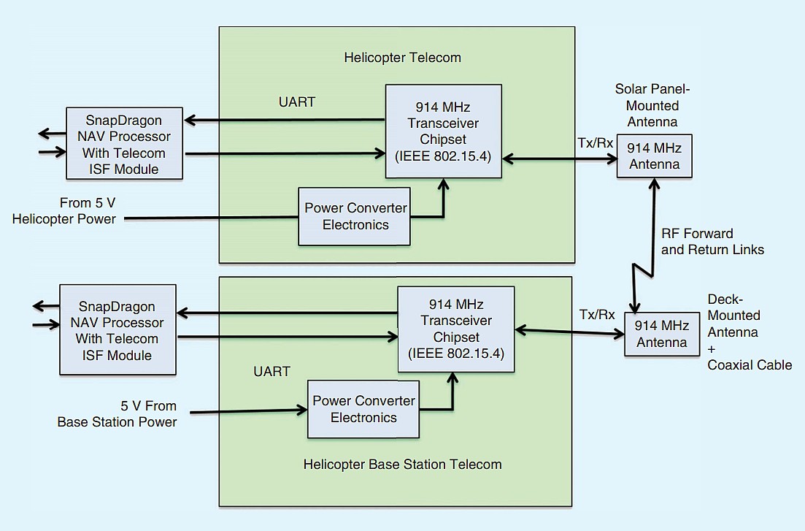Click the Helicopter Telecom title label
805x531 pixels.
402,58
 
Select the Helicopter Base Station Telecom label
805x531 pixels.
402,464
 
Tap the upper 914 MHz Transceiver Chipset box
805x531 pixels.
443,131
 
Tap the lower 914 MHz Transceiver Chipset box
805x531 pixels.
455,329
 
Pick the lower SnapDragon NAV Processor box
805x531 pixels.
117,330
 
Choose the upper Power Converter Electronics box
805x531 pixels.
355,216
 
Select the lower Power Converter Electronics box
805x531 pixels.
363,409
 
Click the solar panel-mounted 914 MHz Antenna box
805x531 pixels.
654,156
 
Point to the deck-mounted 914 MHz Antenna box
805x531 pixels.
661,334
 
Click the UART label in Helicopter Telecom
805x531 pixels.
296,102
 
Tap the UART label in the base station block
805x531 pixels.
271,372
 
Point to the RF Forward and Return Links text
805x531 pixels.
712,242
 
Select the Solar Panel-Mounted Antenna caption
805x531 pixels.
652,105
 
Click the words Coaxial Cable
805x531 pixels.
750,365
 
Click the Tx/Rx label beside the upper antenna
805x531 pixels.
596,142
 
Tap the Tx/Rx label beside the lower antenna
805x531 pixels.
597,316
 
